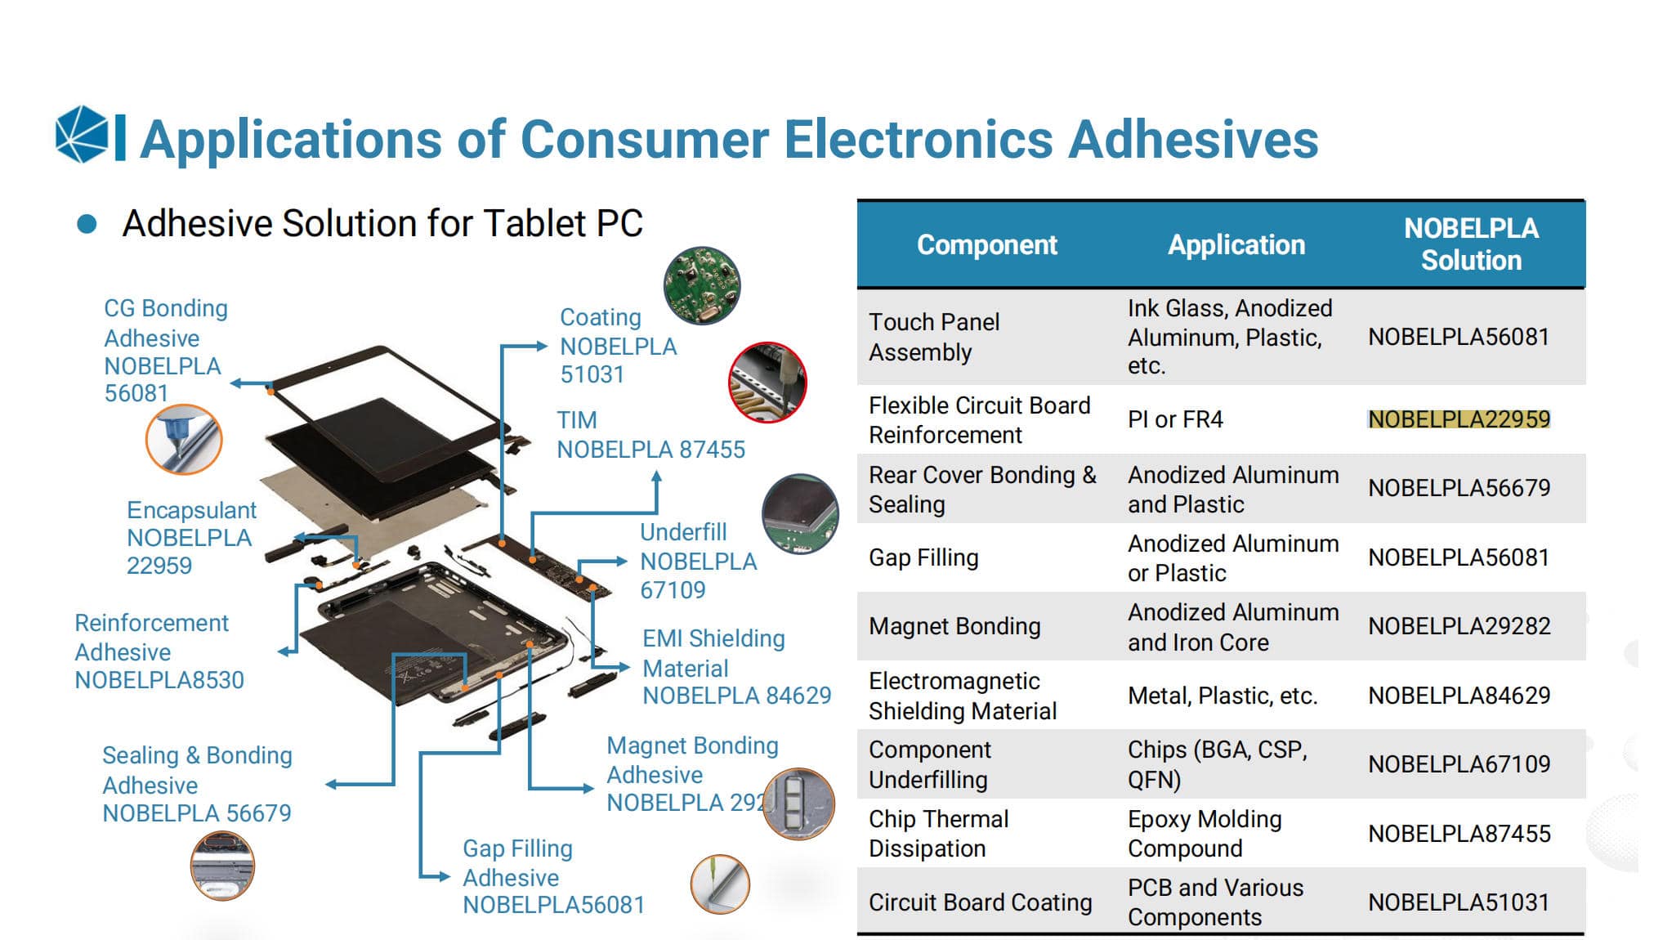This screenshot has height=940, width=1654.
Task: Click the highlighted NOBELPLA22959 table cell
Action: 1459,419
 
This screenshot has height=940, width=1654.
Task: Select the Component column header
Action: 986,244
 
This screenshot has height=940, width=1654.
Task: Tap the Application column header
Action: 1236,244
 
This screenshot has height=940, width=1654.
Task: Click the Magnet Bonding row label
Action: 954,626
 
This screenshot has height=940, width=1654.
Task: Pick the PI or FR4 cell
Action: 1175,419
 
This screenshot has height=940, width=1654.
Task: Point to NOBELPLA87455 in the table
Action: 1459,833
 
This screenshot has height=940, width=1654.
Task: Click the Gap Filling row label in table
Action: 923,557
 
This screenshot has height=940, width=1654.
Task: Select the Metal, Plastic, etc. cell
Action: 1223,696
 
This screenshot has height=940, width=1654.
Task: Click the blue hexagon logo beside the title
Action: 82,134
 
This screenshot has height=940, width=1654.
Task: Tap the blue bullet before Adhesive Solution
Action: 87,224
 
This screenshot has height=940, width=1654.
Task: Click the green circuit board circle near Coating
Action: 702,285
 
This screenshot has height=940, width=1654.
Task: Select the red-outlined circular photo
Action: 767,382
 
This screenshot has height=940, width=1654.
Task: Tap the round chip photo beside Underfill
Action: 800,514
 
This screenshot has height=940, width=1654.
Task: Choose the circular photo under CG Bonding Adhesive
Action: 184,439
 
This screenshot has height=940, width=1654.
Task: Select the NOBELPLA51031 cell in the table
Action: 1459,902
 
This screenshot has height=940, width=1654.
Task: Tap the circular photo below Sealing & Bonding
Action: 222,866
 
